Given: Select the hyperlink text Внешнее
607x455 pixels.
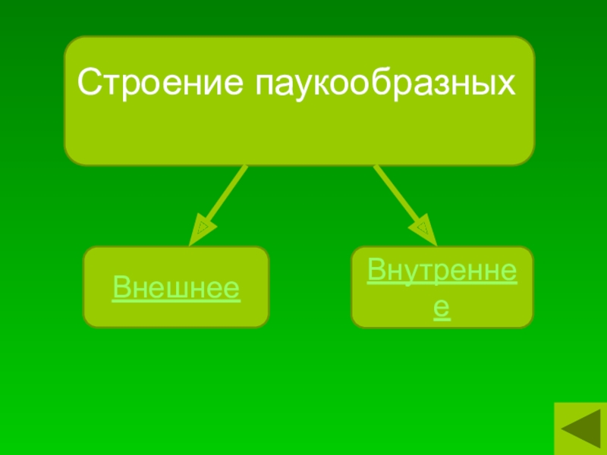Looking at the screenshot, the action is tap(176, 288).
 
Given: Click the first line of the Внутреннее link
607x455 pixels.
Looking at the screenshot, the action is tap(442, 271).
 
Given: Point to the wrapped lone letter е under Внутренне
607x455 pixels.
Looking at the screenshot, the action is tap(442, 308).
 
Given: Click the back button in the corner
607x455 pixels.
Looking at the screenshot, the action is tap(580, 428).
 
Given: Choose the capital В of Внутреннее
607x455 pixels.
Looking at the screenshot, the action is tap(377, 271).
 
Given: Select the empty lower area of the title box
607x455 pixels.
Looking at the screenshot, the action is tap(299, 136).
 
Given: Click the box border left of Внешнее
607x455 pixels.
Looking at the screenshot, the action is tap(83, 287).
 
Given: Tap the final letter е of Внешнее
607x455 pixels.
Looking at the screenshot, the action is tap(233, 289).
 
